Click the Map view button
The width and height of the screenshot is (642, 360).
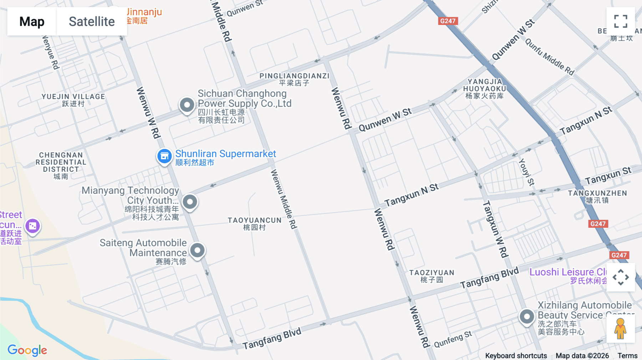[32, 21]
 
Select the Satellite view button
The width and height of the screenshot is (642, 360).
[92, 21]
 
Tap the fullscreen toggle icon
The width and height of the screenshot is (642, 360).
[621, 21]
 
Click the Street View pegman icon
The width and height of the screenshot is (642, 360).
[621, 329]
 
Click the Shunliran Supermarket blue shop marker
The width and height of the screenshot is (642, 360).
[164, 156]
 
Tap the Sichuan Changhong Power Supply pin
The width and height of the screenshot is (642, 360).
[187, 105]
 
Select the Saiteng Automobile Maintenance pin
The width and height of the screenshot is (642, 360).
[197, 250]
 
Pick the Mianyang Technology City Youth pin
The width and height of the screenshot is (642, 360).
[190, 202]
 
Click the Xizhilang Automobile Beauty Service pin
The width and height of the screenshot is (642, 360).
[526, 316]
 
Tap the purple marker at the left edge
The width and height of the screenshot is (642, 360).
[32, 226]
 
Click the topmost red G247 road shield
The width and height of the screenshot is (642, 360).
[448, 21]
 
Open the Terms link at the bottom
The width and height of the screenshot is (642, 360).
[627, 355]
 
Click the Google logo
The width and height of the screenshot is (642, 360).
[27, 350]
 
